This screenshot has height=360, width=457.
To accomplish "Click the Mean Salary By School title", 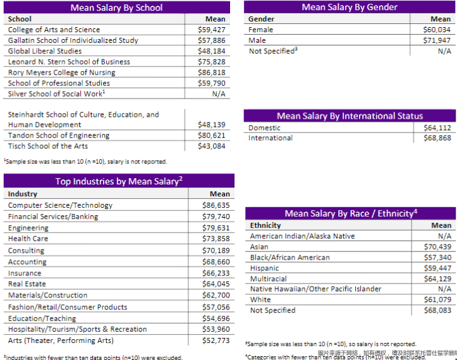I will tap(116, 8).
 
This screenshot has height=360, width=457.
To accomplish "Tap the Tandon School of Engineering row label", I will tap(59, 136).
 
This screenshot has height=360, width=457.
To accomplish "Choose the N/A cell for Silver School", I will tap(219, 94).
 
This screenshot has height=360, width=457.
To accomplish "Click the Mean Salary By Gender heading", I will tap(350, 7).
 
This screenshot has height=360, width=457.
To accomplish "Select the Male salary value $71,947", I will tap(437, 40).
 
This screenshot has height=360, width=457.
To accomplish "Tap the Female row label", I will tap(261, 30).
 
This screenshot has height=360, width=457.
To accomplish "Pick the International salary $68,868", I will tap(437, 138).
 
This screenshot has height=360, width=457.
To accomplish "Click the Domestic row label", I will tap(265, 128).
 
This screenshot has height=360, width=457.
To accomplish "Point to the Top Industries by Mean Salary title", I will tap(119, 181).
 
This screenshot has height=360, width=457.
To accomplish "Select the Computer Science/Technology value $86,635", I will tap(216, 205).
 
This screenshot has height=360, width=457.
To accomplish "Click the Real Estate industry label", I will tap(27, 284).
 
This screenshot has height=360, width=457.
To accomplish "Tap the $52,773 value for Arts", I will tap(216, 341).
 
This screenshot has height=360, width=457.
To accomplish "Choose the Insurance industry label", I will tap(25, 273).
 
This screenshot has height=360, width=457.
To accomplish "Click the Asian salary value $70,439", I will tap(437, 247).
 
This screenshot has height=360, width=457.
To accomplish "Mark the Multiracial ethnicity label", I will tap(269, 279).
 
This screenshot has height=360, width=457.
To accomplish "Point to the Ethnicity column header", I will tap(265, 225).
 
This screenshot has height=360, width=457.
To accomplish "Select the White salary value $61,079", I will tap(437, 300).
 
